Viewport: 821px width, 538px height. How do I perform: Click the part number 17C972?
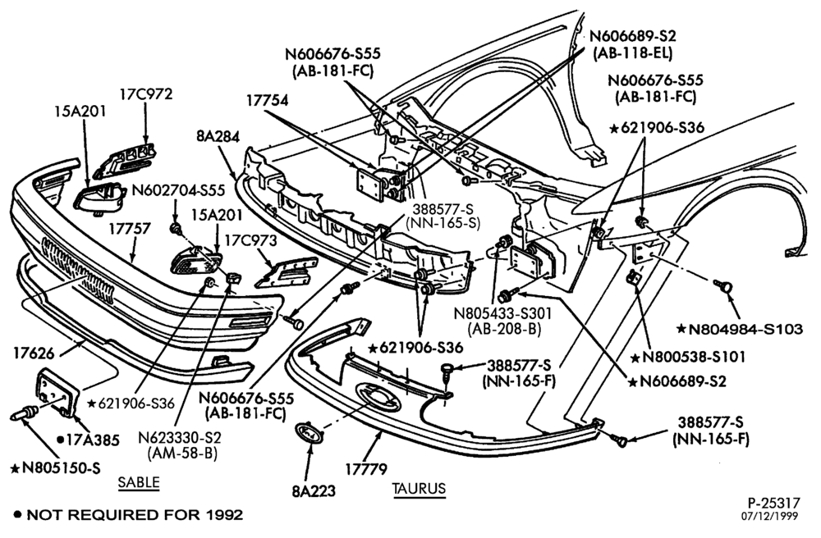145,94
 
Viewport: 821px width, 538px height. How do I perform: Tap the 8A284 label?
218,136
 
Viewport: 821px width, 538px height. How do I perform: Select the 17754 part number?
268,100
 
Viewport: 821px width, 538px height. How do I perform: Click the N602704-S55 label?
178,190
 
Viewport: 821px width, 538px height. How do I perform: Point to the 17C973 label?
250,240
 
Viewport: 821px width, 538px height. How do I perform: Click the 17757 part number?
130,229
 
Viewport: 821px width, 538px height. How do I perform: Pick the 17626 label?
34,353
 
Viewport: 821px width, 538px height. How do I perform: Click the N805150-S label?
56,467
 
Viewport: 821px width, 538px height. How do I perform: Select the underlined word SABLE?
139,482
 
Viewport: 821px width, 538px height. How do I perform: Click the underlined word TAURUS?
419,488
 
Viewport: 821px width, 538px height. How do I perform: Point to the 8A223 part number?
314,491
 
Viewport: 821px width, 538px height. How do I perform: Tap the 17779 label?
366,469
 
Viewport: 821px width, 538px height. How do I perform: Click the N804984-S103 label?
740,329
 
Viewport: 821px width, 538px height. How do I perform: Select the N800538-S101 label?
687,357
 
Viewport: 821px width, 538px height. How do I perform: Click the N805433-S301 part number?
502,314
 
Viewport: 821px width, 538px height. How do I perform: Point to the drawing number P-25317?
774,503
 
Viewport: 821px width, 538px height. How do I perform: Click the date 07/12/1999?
770,516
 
